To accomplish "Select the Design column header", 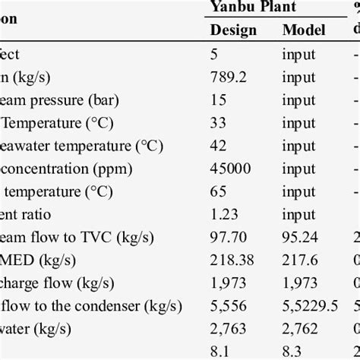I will coord(233,30).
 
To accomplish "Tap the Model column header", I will coord(304,30).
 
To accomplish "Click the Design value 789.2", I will coord(229,76).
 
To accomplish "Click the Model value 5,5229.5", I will coord(310,305).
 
